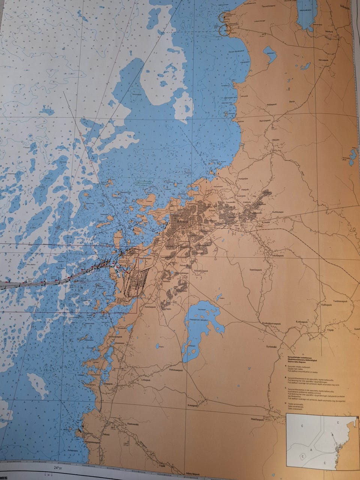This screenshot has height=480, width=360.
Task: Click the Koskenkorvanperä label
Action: coord(271,322)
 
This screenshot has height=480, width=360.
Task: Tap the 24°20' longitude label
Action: coord(58,468)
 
